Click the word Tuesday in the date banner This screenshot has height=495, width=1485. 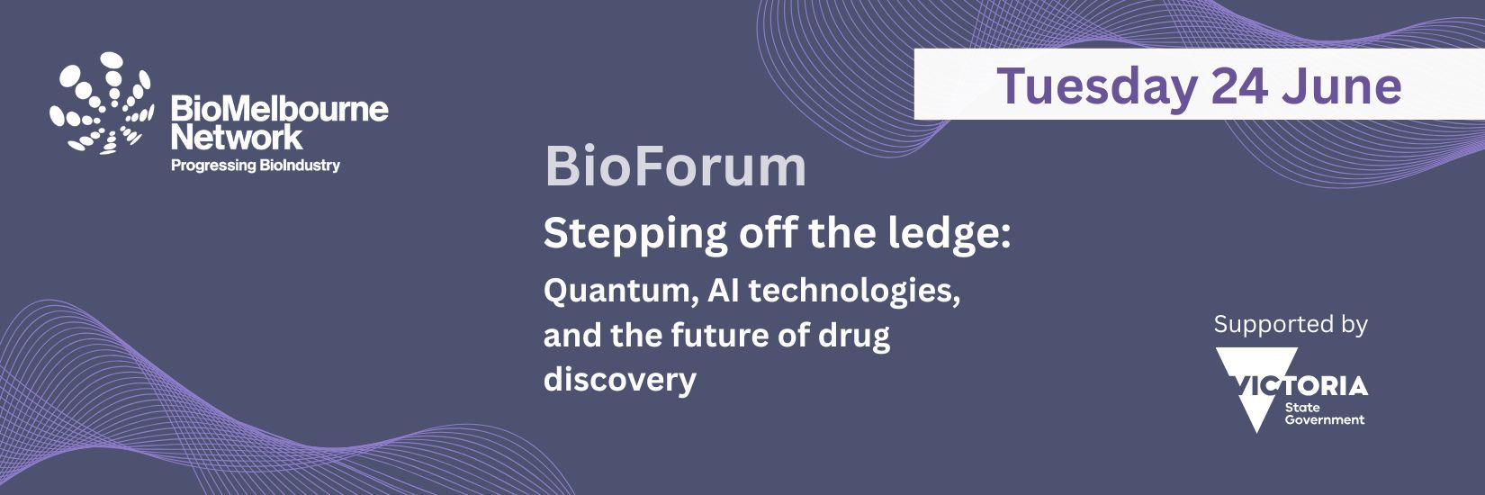1097,86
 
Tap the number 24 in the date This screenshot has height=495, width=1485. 1239,86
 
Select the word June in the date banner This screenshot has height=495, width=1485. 1342,86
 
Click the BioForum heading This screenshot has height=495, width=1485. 675,166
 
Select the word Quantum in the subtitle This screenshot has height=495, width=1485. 620,292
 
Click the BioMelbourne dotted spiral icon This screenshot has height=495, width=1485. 102,104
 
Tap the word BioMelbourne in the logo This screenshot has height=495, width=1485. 280,109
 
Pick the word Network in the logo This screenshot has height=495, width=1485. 237,137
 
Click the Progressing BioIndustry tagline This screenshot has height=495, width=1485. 256,166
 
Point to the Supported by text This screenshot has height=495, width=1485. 1291,325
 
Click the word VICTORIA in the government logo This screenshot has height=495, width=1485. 1300,385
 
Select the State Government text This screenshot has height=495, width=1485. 1325,413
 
